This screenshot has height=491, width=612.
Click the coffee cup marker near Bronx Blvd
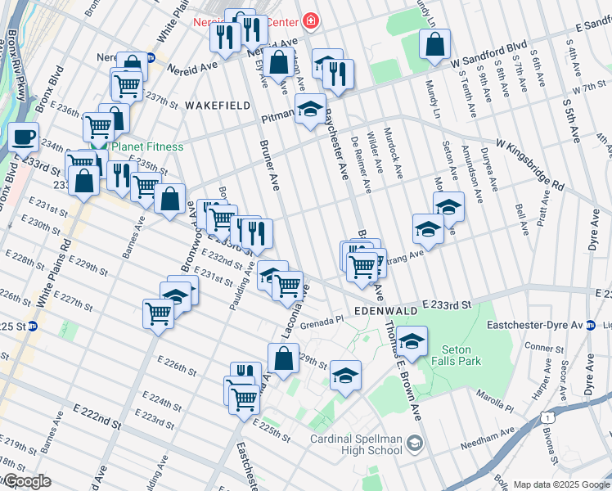coord(24,136)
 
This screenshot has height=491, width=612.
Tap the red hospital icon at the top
coord(310,20)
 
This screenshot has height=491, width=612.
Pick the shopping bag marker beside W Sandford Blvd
coord(435,44)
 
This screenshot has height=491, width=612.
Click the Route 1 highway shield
coord(544,417)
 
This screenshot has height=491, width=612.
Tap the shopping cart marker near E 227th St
coord(158,313)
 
